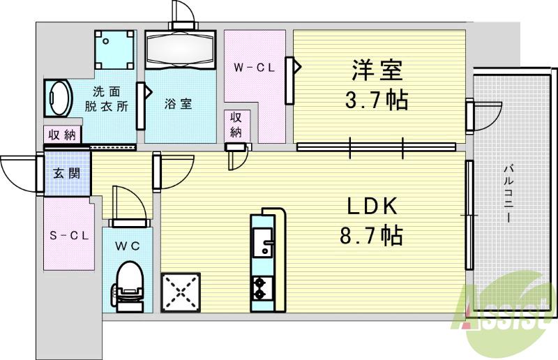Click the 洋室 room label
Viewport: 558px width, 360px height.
[377, 70]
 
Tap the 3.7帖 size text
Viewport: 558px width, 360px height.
[377, 102]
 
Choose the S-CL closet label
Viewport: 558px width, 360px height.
[68, 235]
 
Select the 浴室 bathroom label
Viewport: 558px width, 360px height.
[179, 104]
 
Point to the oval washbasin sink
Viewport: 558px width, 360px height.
[57, 97]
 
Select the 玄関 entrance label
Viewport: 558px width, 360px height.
[67, 173]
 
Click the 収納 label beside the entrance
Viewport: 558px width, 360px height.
[63, 135]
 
